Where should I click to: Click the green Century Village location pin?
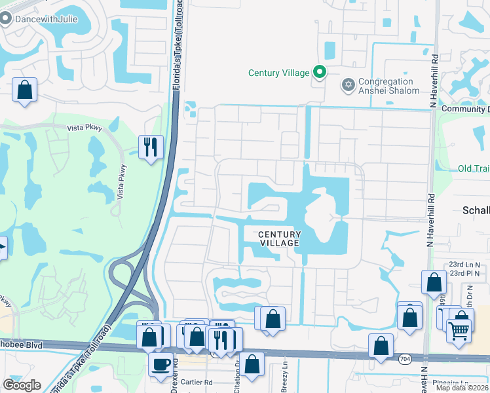point(320,72)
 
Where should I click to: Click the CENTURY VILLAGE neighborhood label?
point(279,238)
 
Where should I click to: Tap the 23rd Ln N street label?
point(464,264)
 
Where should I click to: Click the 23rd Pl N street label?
point(464,273)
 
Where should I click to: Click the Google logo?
point(22,386)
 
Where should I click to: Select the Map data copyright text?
point(462,388)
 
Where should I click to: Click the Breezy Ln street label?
point(285,373)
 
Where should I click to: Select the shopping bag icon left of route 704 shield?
point(381,345)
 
